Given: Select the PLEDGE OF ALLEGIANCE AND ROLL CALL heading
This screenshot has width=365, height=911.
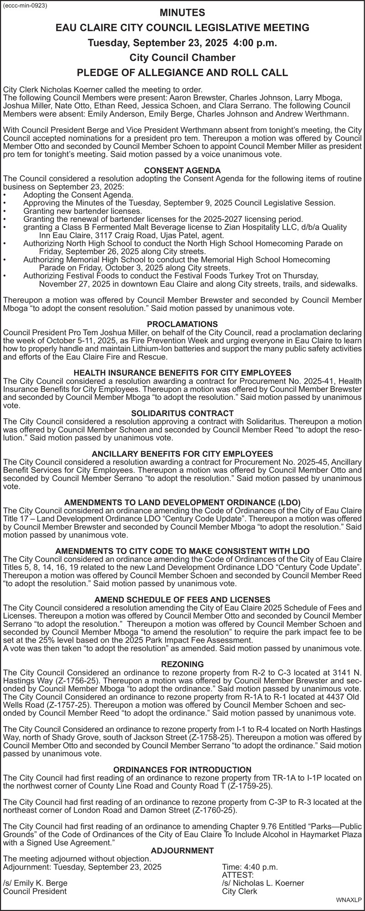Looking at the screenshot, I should pyautogui.click(x=182, y=72).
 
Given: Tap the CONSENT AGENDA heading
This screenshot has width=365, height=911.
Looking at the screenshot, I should pyautogui.click(x=182, y=170).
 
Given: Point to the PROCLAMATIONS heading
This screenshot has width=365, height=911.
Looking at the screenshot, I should pyautogui.click(x=182, y=324).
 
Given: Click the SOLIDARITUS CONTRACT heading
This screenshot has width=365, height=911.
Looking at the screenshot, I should pyautogui.click(x=182, y=413).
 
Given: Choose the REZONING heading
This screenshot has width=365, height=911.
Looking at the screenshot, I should pyautogui.click(x=182, y=665).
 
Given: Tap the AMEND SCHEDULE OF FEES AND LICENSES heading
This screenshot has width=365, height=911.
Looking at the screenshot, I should pyautogui.click(x=182, y=599).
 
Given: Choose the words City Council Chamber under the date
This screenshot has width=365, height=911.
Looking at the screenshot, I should pyautogui.click(x=182, y=58).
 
